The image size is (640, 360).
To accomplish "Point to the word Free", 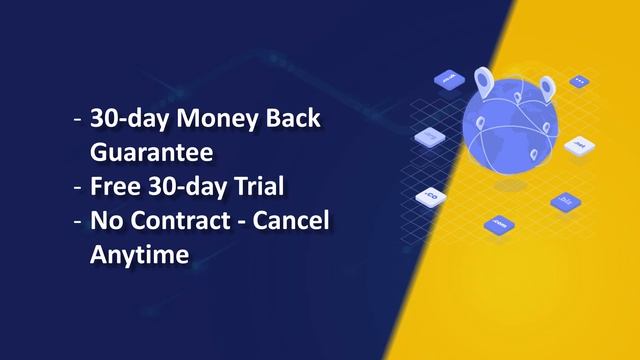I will click(x=113, y=187).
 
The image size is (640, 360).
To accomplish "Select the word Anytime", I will click(x=139, y=255).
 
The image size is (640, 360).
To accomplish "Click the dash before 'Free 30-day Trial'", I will click(x=78, y=188).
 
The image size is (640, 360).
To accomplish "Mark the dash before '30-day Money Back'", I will click(x=78, y=119).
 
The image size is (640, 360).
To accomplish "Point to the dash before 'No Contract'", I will click(x=78, y=222).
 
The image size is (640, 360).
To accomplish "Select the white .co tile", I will click(x=434, y=193).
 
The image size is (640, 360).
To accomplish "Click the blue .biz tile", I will click(x=565, y=201).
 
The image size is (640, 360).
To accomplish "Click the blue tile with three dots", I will click(x=578, y=81).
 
